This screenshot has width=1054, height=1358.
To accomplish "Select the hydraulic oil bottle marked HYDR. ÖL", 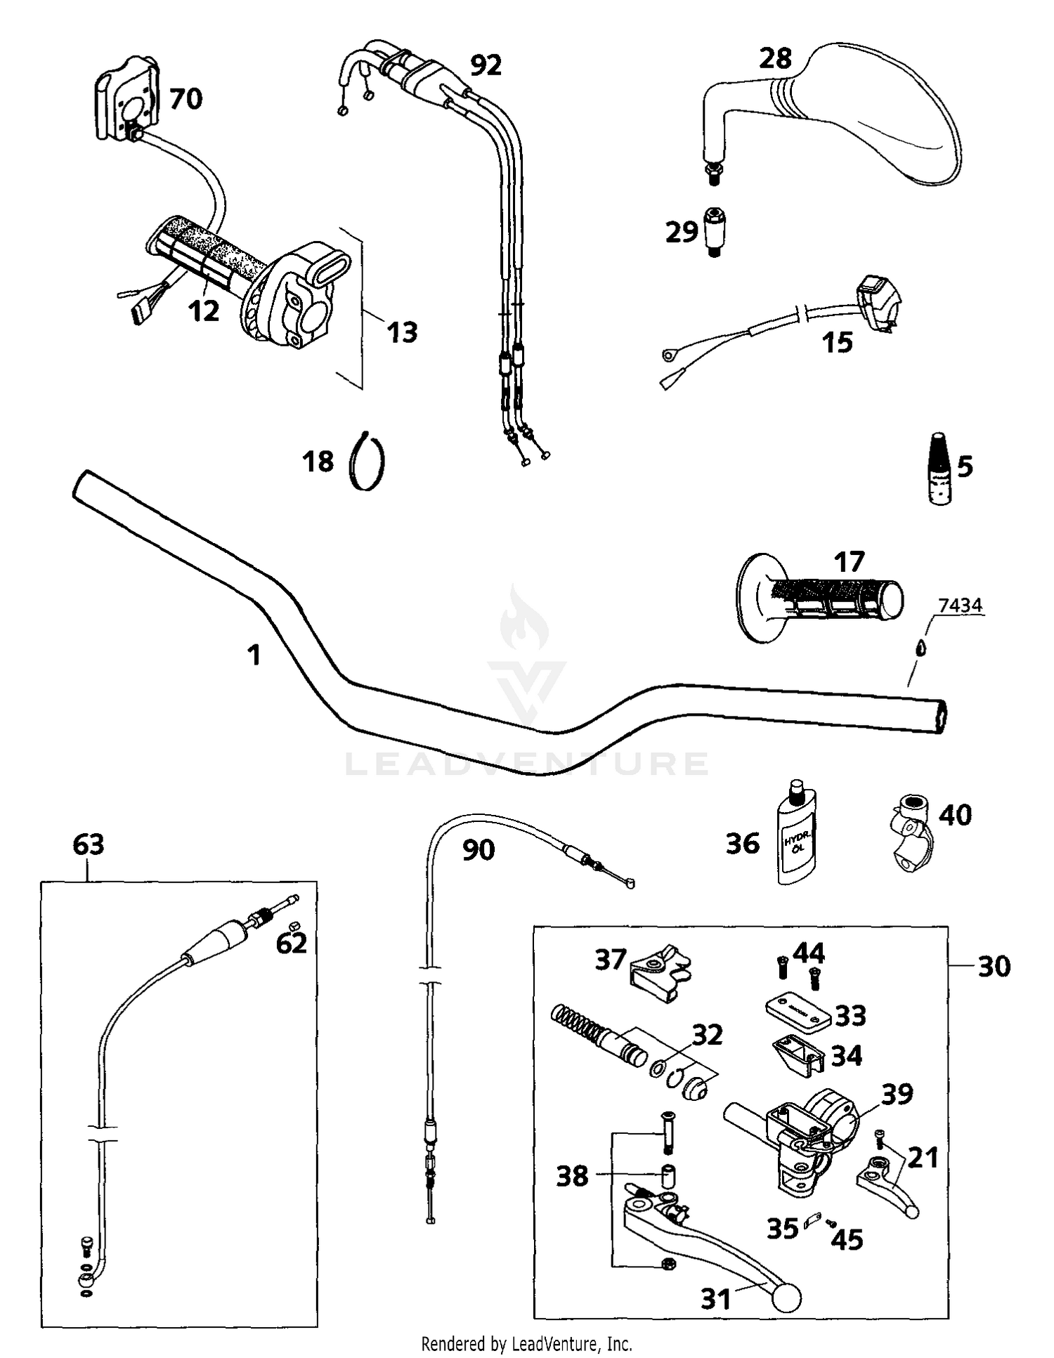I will tap(797, 837).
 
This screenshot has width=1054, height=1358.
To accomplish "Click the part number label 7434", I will tap(960, 605).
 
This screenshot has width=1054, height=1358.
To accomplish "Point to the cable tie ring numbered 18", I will tap(367, 462).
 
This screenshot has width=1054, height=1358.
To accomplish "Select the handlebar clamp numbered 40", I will tap(909, 831).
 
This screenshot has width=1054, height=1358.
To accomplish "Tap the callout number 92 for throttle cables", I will tap(486, 65).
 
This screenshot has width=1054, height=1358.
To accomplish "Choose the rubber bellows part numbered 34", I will tap(799, 1055).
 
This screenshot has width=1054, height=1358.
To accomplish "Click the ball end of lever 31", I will tap(786, 1298).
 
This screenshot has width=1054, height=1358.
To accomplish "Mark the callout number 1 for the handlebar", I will tap(254, 655).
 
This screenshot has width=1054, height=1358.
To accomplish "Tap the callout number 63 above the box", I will tap(89, 844).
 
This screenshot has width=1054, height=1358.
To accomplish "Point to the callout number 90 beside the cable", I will tap(479, 850).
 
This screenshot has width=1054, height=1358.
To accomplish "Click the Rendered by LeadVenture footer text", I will tap(526, 1344).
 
